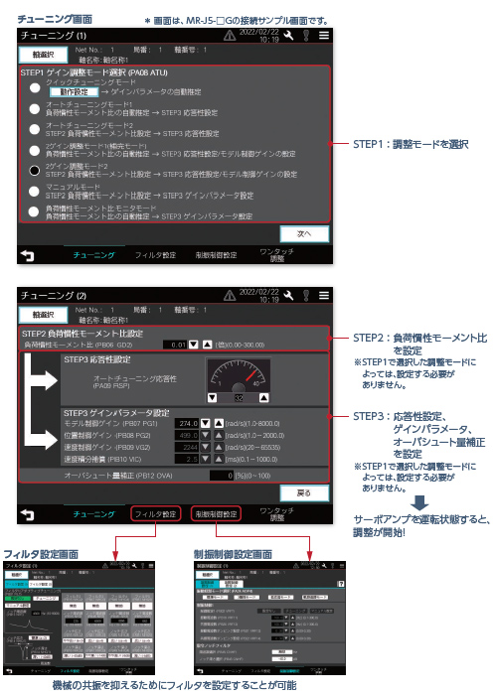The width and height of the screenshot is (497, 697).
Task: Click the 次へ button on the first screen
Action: point(305,234)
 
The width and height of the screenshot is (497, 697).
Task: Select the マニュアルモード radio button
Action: point(35,191)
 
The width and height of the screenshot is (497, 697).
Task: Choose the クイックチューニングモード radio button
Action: point(35,88)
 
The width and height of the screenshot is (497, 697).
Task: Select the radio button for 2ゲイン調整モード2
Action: point(35,170)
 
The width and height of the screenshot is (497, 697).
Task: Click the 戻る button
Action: point(305,492)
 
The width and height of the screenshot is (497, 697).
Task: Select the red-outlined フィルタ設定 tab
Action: point(156,514)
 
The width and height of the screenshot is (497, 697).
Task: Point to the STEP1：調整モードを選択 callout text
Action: point(412,143)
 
